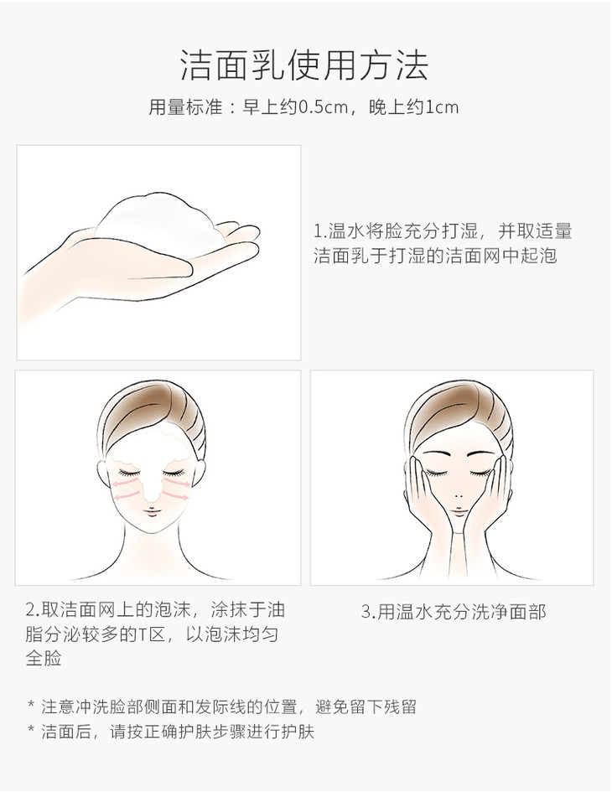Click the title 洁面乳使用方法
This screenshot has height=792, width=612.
(x=304, y=65)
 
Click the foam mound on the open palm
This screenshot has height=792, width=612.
(x=158, y=222)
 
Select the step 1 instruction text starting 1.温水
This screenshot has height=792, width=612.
(x=443, y=243)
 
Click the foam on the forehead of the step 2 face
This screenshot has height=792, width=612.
(x=151, y=449)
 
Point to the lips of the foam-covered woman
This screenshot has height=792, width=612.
(x=152, y=512)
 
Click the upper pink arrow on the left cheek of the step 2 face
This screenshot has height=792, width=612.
(x=125, y=484)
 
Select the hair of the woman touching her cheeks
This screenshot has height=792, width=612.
(x=459, y=409)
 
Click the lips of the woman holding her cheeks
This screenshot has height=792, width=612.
(x=459, y=512)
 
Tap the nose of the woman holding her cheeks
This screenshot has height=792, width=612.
(x=459, y=495)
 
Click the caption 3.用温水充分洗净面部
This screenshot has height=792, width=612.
(x=454, y=612)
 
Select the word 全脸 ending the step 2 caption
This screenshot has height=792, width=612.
(x=44, y=659)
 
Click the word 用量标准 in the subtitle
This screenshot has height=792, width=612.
(x=185, y=107)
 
